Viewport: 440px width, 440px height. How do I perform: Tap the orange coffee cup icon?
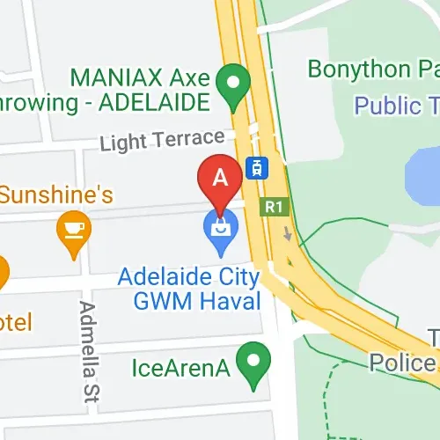point(74,230)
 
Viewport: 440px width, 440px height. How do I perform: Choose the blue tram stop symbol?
point(257,167)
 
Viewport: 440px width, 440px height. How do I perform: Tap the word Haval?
point(233,301)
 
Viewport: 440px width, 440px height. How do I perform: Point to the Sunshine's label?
point(55,194)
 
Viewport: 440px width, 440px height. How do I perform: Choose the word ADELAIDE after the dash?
point(153,103)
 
